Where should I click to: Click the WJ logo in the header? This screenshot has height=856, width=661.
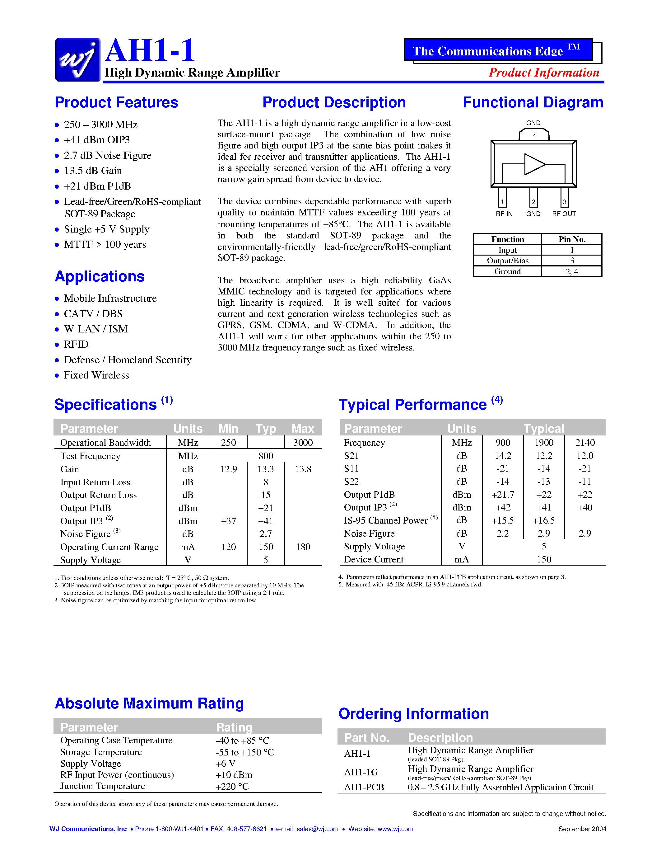point(77,59)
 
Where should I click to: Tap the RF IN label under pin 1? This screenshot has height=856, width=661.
point(504,214)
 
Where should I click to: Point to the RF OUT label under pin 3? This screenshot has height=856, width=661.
point(564,214)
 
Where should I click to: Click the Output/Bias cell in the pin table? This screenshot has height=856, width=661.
point(508,261)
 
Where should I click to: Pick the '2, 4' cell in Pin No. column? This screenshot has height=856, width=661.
point(572,271)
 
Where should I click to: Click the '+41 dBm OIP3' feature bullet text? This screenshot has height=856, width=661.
point(97,140)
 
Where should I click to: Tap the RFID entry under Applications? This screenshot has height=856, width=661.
point(76,344)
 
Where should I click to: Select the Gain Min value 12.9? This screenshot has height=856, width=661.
point(228,469)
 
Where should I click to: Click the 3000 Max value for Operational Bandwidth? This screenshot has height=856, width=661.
point(303,443)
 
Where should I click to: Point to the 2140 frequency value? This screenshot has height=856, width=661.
point(585,443)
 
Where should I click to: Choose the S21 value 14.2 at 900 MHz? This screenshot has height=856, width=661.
point(503,455)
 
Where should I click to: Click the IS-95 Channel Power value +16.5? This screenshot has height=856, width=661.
point(543,520)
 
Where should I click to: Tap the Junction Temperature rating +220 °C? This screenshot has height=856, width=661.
point(232,786)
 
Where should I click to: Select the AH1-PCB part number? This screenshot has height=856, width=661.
point(364,787)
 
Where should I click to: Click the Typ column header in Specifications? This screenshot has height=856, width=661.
point(266,428)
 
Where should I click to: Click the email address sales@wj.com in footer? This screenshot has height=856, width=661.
point(317,829)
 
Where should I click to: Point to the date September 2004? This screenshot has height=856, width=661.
point(582,829)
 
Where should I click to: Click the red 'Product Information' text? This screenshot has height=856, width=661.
point(543,73)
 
